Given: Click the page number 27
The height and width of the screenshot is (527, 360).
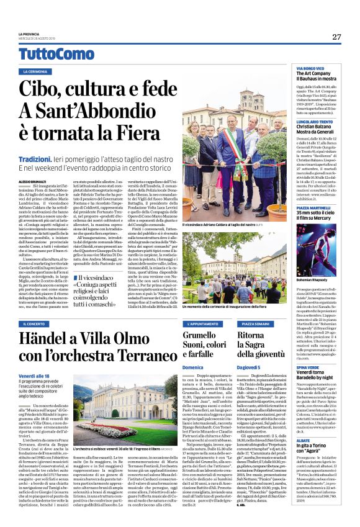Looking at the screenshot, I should coord(336,37).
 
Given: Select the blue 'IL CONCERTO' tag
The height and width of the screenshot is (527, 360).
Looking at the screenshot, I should coord(37,323).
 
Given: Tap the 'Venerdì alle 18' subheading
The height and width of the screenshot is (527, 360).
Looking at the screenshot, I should coord(34,376).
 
